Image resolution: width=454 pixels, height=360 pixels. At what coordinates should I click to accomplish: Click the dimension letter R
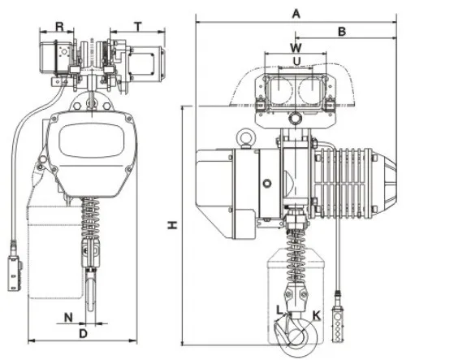(59, 25)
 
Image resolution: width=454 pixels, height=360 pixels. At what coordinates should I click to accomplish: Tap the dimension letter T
(139, 25)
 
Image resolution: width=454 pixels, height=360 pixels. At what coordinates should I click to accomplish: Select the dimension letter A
(296, 13)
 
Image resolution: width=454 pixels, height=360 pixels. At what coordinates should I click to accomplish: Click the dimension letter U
(296, 61)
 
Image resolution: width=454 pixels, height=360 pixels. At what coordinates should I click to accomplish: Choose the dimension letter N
(68, 316)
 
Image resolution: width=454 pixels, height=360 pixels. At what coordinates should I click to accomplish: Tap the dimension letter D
(83, 333)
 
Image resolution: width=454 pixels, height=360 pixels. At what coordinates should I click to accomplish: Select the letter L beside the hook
(279, 310)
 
